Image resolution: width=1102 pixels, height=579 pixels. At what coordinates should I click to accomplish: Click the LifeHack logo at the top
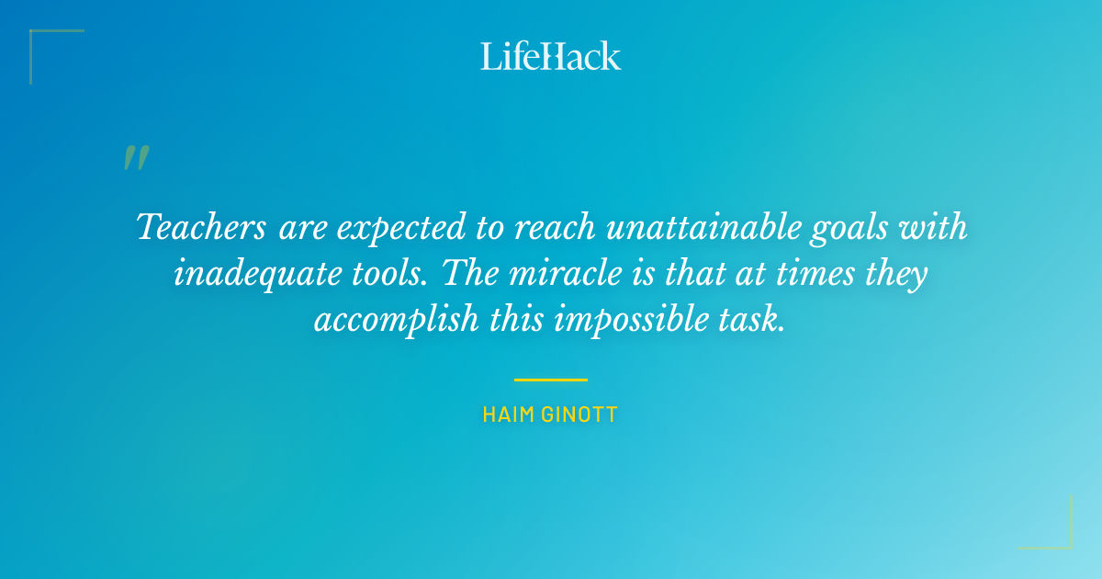551,56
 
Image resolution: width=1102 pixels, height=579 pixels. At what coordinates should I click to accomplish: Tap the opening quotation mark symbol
136,158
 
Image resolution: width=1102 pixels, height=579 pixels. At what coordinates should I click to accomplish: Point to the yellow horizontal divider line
551,380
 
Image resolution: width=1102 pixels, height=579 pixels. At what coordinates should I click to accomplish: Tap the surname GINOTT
580,414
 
